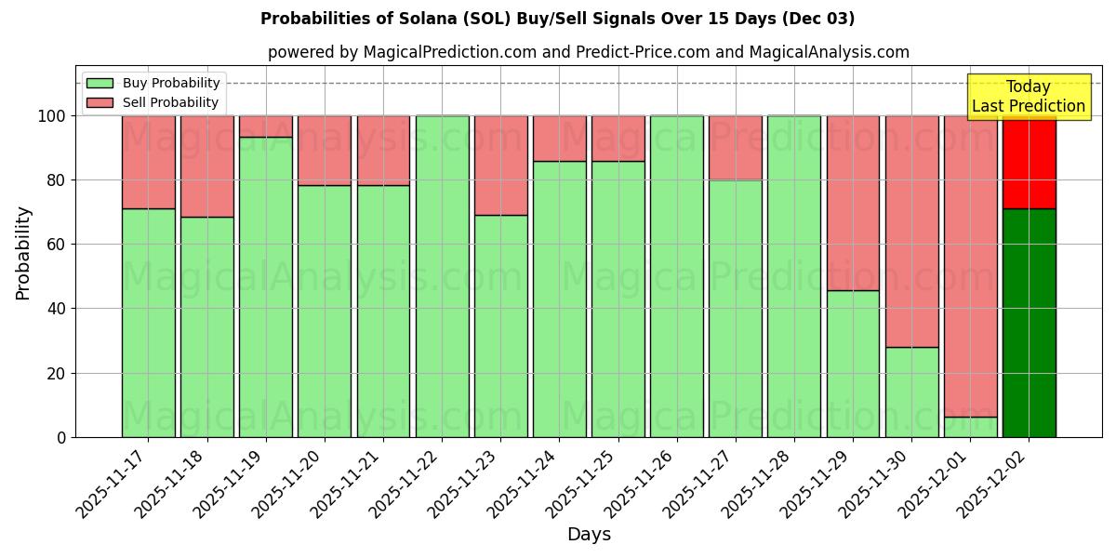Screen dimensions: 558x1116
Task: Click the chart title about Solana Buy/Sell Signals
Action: pos(557,19)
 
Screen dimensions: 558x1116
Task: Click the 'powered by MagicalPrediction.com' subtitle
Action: pos(588,52)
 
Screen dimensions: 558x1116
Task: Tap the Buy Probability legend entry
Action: pos(153,83)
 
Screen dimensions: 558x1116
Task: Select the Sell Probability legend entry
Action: pos(153,102)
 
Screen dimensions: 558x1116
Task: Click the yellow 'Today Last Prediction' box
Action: pos(1028,97)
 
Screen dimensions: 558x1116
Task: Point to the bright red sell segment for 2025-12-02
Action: pos(1029,163)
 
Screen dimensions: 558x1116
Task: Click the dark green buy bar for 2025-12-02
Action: pos(1029,323)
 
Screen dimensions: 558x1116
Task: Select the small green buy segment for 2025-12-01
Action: pos(970,427)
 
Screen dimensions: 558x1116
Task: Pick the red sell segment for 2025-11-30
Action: pos(911,231)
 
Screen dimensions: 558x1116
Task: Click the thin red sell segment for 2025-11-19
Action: pos(266,126)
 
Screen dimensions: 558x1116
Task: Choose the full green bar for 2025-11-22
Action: pos(442,276)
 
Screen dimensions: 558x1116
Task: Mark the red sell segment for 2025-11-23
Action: pos(500,166)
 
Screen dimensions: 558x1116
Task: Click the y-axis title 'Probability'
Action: pos(23,252)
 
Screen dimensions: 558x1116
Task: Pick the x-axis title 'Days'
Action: pos(588,535)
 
